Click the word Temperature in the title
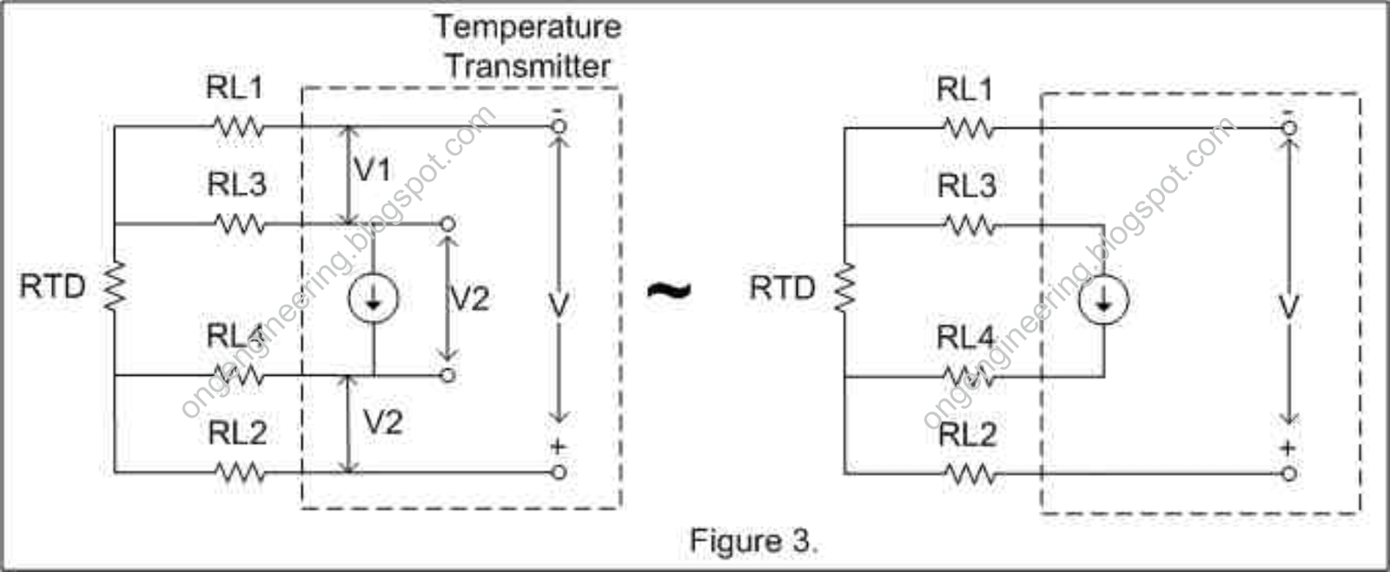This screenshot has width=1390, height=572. (x=527, y=27)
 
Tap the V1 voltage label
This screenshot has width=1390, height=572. (x=373, y=170)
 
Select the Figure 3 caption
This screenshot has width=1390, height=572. (x=752, y=541)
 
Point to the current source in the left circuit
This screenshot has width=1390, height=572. (x=374, y=299)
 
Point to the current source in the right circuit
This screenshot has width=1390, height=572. (x=1103, y=300)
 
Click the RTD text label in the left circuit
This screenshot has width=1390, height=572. (x=52, y=286)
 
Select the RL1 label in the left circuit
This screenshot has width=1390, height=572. (x=235, y=88)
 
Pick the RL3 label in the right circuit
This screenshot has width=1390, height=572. (x=966, y=186)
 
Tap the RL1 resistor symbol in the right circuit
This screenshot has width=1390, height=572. (x=969, y=129)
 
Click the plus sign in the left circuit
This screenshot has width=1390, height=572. (x=558, y=447)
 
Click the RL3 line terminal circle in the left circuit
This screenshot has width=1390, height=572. (x=447, y=224)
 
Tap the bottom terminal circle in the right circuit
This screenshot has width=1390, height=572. (x=1289, y=474)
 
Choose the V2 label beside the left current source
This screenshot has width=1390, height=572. (x=470, y=299)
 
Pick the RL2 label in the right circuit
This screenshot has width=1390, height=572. (x=967, y=434)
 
